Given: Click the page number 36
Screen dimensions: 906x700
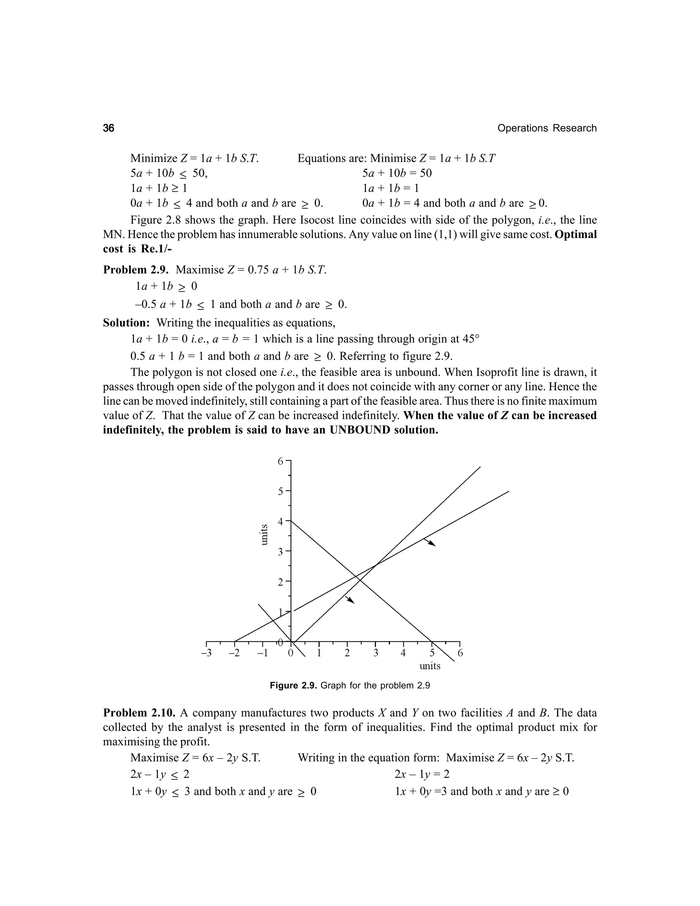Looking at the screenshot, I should coord(108,128).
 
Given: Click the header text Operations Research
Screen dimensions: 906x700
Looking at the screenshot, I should coord(547,128).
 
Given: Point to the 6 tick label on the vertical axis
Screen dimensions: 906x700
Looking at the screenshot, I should coord(280,461).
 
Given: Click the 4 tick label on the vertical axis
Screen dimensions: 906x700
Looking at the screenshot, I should coord(280,521).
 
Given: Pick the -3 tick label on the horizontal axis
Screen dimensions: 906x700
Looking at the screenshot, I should coord(206,653).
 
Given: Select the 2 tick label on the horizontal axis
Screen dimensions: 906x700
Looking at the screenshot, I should coord(347,653).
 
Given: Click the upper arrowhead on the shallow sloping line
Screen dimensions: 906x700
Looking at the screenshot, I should coord(431,543).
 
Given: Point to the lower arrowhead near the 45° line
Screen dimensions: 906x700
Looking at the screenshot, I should coord(350,600).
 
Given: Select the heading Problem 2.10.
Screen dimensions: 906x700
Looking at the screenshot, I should coord(139,713).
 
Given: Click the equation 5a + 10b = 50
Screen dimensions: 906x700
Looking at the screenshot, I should coord(397,173).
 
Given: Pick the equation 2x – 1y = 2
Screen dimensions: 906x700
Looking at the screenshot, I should coord(422,774).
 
